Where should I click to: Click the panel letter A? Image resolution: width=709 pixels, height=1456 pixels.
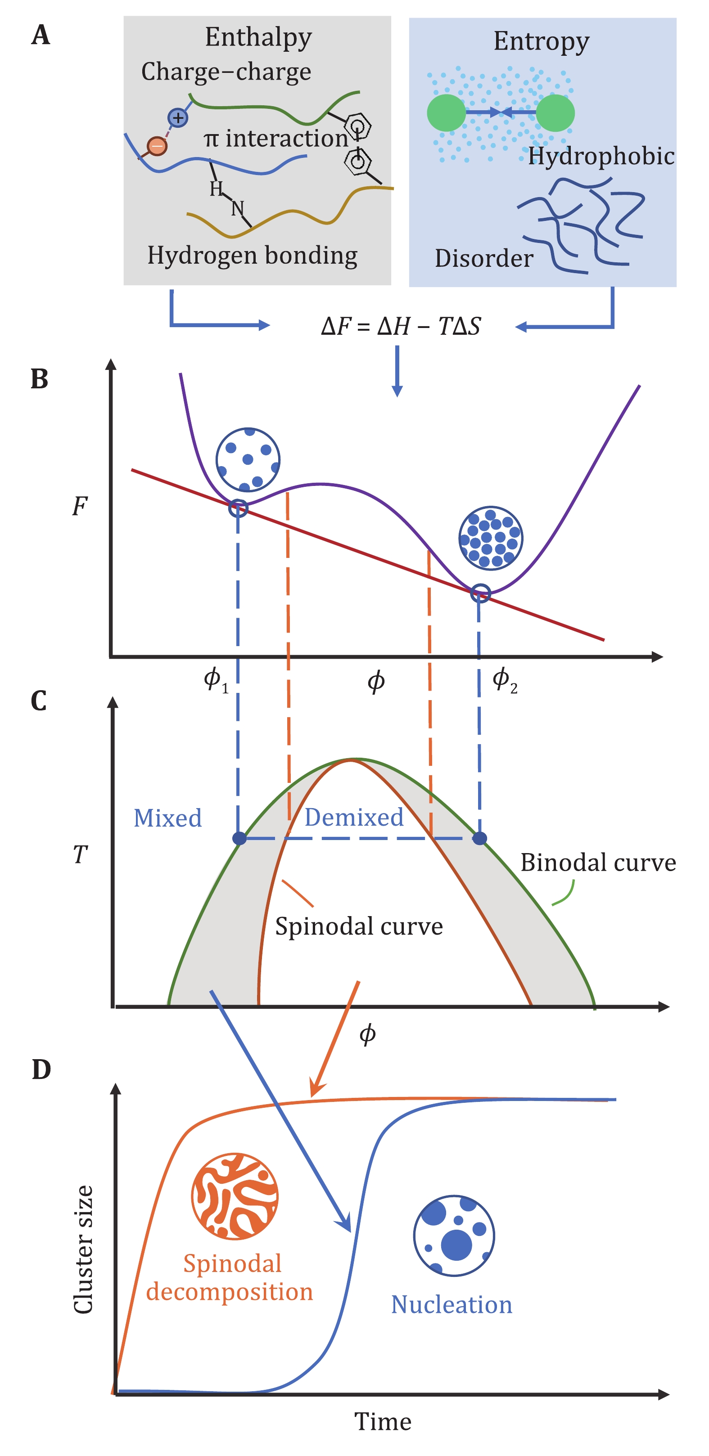[x=41, y=36]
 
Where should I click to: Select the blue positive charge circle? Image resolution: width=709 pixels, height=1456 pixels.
[x=178, y=117]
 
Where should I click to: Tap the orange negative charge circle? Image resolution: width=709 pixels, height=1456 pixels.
[x=157, y=146]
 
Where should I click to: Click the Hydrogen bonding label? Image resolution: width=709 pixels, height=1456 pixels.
[x=252, y=256]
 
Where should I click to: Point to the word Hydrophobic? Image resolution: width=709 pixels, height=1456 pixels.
[x=601, y=157]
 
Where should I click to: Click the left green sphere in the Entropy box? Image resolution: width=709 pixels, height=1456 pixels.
[x=447, y=113]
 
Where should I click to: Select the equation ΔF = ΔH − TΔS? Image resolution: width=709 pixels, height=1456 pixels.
[x=400, y=326]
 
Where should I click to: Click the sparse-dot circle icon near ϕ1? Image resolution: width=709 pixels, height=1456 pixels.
[x=248, y=459]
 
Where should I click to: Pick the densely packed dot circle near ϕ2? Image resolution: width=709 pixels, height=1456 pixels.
[x=490, y=538]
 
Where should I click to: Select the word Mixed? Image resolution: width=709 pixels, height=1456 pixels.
[x=167, y=818]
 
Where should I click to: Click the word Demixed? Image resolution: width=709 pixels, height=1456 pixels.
[x=354, y=817]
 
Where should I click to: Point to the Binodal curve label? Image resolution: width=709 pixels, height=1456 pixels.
[x=598, y=863]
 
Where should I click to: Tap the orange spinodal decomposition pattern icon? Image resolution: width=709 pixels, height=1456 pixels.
[x=235, y=1196]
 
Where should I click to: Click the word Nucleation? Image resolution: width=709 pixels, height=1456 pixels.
[x=452, y=1304]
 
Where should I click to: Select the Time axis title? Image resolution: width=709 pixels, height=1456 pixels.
[x=383, y=1421]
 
